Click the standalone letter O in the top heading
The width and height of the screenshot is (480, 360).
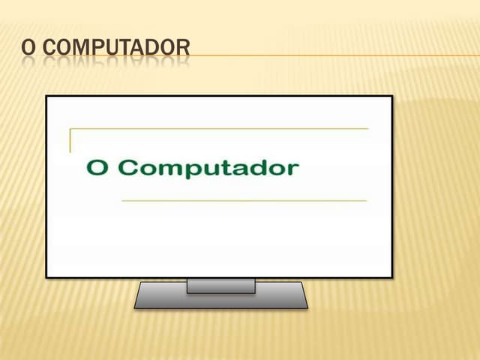tap(28, 48)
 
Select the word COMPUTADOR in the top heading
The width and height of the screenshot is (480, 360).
tap(117, 48)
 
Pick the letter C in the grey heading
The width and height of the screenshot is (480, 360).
tap(49, 48)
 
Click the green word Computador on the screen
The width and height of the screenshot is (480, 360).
tap(208, 167)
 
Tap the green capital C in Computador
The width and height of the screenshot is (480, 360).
tap(130, 166)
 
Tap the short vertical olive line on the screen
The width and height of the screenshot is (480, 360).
tap(70, 141)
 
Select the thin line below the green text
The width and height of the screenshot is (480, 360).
tap(244, 201)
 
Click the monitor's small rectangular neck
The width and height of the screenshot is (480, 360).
tap(220, 286)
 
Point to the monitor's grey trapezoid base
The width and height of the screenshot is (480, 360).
tap(220, 300)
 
